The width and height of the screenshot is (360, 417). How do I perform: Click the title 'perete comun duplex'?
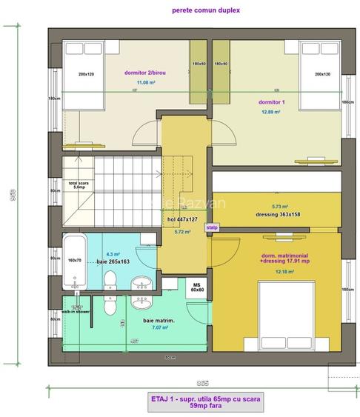point(216,11)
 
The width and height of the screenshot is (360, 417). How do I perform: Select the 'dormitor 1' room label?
point(272,101)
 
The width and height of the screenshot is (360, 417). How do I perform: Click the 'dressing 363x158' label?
point(279,216)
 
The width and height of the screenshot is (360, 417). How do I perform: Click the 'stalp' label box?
point(213,228)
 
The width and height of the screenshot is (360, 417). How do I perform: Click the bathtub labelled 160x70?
point(75,259)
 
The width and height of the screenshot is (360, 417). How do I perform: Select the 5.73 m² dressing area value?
point(279,207)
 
